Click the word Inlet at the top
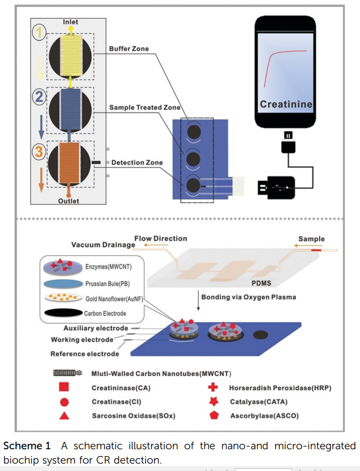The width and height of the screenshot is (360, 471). (70, 22)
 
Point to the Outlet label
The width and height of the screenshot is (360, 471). (68, 201)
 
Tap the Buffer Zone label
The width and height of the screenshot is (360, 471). (129, 49)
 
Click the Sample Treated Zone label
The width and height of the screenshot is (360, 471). (144, 107)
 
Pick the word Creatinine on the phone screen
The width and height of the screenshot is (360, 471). (286, 104)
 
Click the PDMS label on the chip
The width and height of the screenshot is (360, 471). (261, 283)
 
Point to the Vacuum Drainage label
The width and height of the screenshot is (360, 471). (103, 245)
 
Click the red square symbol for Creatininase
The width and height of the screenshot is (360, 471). (64, 388)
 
